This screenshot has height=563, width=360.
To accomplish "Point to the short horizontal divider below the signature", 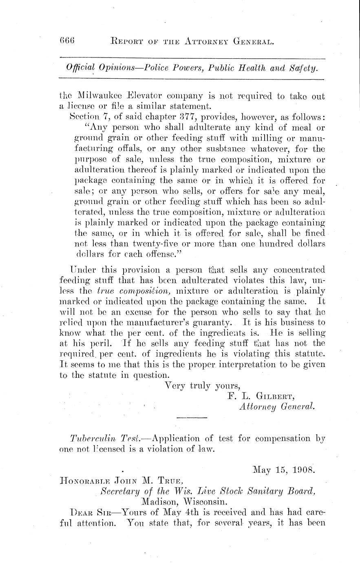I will pos(192,418).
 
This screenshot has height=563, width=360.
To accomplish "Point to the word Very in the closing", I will pos(175,385).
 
